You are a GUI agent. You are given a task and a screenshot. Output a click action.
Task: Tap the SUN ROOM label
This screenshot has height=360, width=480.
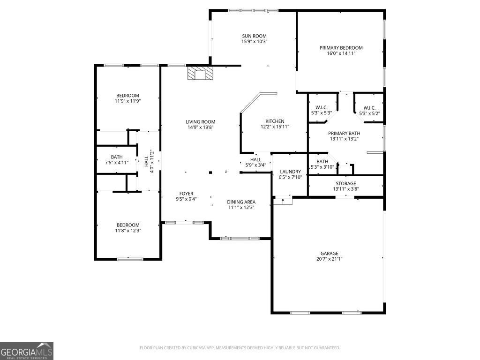pos(254,36)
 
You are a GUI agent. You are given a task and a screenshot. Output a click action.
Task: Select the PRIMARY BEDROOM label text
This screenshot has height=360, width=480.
pos(341,47)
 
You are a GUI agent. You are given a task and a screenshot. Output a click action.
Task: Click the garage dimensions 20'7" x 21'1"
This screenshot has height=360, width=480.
pos(327,259)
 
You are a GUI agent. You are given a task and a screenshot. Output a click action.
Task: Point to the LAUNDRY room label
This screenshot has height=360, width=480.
pos(289,172)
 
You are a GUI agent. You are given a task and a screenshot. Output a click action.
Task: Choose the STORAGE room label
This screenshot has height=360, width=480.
pos(345,183)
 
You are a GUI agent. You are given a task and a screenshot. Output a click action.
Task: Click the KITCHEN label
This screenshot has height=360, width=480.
pos(275,121)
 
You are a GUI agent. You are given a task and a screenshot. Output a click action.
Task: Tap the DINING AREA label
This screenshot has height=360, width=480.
pos(241,202)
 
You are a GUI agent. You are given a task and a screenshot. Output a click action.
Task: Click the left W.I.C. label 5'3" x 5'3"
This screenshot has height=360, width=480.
pos(322,107)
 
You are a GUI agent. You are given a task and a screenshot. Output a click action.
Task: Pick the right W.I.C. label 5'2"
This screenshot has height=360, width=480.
pos(369,113)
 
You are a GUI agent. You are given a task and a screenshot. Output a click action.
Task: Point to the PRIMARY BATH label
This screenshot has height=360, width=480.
pos(344,133)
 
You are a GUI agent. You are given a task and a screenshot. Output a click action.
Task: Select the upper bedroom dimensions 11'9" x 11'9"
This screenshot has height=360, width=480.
pos(127,101)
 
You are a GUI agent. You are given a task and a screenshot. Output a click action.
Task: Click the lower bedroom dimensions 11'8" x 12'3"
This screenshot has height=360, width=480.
pos(128,231)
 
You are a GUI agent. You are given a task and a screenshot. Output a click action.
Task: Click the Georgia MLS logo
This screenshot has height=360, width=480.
pos(27,351)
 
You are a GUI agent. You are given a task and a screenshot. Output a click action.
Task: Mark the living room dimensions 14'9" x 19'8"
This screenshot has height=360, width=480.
pos(200,127)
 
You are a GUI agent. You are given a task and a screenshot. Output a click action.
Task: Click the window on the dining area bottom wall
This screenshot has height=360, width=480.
pos(240,239)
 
